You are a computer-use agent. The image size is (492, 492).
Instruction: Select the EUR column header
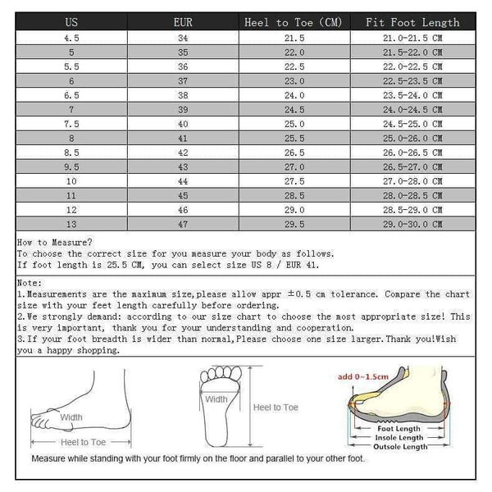183,22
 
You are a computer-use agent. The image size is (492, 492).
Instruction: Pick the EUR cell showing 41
183,138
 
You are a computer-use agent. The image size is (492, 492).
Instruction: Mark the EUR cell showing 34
183,38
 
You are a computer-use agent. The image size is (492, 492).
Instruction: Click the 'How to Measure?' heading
55,242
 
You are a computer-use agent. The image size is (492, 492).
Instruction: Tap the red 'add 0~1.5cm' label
362,376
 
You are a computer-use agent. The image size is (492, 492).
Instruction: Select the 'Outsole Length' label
400,446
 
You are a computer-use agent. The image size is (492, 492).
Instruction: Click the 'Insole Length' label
399,437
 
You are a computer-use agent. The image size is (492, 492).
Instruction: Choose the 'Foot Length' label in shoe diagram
399,428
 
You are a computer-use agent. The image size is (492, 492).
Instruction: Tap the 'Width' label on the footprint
216,399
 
